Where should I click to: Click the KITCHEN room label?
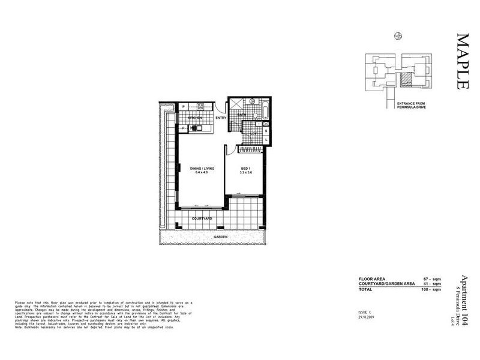coord(195,118)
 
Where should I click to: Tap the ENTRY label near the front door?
coord(220,118)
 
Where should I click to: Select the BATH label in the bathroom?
coord(242,115)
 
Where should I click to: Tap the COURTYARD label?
coord(202,219)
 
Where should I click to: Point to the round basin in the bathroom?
coord(253,102)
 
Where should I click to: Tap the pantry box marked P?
coord(184,106)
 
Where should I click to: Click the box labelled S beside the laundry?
coord(266,131)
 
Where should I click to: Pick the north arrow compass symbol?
coord(398,36)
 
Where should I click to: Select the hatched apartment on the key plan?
coord(407,78)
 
